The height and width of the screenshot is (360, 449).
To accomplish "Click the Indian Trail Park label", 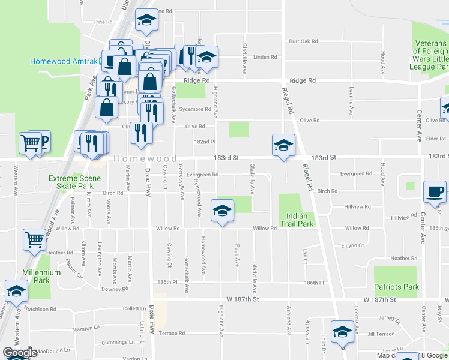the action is click(x=297, y=220).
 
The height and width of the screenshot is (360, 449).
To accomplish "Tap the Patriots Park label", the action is click(x=396, y=287).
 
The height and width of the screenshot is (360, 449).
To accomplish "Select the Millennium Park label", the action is click(x=41, y=276).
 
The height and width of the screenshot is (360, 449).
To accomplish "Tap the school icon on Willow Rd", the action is click(x=222, y=211).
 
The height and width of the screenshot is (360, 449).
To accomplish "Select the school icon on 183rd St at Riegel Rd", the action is click(x=283, y=146).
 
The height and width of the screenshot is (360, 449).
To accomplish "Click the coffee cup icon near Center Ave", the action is click(x=435, y=192).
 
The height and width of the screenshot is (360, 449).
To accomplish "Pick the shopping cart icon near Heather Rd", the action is click(x=35, y=240).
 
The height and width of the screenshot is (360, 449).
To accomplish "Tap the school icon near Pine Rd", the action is click(x=146, y=22).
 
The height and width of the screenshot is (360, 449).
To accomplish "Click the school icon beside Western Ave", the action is click(x=16, y=291).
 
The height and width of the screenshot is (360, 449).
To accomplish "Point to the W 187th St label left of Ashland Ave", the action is click(x=242, y=299).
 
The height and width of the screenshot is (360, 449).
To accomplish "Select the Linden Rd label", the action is click(x=265, y=58).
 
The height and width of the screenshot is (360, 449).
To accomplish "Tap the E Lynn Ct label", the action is click(x=353, y=245).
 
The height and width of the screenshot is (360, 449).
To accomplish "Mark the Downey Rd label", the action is click(x=115, y=289).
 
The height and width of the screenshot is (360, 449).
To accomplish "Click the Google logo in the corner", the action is click(x=20, y=353).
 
